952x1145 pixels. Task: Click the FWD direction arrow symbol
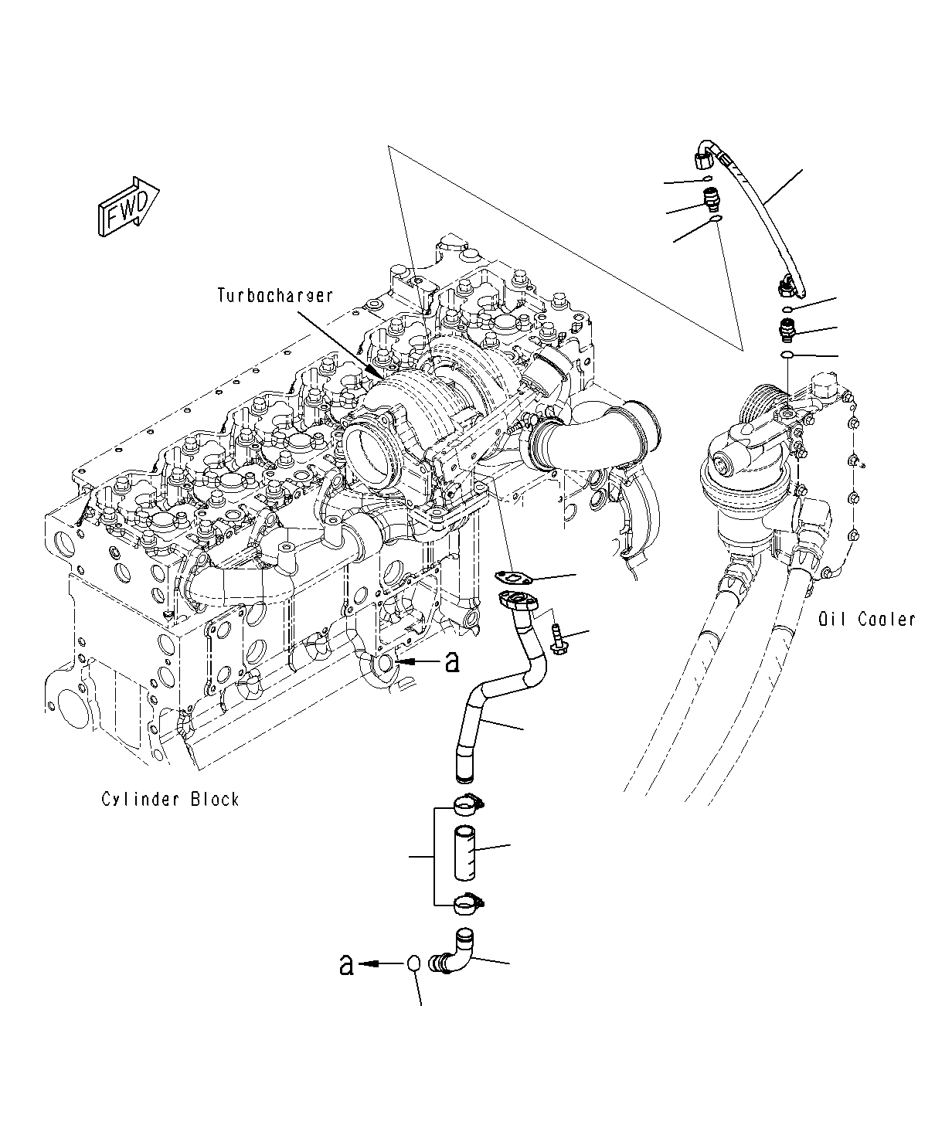pos(128,206)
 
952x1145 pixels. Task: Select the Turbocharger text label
pos(275,295)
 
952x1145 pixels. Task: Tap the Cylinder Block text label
pos(170,799)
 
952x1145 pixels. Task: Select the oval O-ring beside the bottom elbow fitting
pos(414,963)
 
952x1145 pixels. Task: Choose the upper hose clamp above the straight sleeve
pos(467,805)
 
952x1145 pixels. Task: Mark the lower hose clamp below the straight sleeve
pos(467,901)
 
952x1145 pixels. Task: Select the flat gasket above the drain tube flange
pos(517,576)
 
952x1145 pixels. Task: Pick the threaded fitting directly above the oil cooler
pos(786,332)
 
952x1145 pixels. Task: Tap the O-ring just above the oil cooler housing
pos(786,355)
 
